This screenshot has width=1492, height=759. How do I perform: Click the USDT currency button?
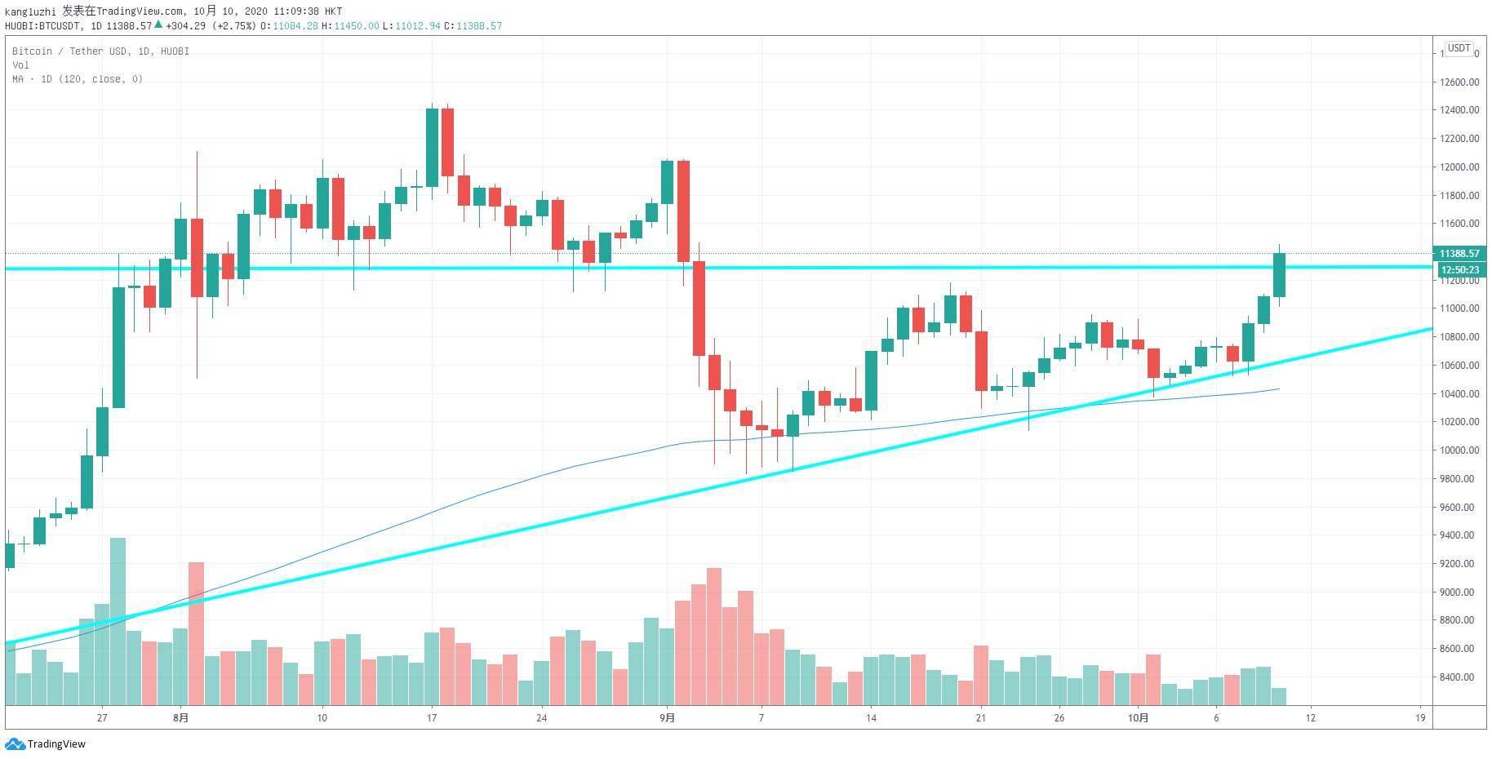1459,49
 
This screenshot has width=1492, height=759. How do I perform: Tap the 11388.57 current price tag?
1459,254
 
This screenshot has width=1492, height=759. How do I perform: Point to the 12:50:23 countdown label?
1459,269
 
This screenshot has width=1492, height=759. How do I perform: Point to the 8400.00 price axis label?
1457,677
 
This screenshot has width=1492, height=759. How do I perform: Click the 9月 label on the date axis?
668,718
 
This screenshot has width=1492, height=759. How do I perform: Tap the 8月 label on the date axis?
181,718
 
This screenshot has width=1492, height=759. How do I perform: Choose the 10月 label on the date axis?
1139,718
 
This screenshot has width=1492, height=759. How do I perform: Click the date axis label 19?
1420,718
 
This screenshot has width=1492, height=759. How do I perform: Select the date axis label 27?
102,718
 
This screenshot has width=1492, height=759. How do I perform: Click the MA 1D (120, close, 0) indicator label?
78,79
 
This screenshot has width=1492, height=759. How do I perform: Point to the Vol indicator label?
20,65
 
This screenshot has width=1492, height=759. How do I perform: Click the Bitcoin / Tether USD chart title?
100,51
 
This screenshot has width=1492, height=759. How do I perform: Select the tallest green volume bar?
118,620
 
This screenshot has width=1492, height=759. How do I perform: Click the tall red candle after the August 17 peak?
447,142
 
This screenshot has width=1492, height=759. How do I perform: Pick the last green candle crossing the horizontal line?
1279,275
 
